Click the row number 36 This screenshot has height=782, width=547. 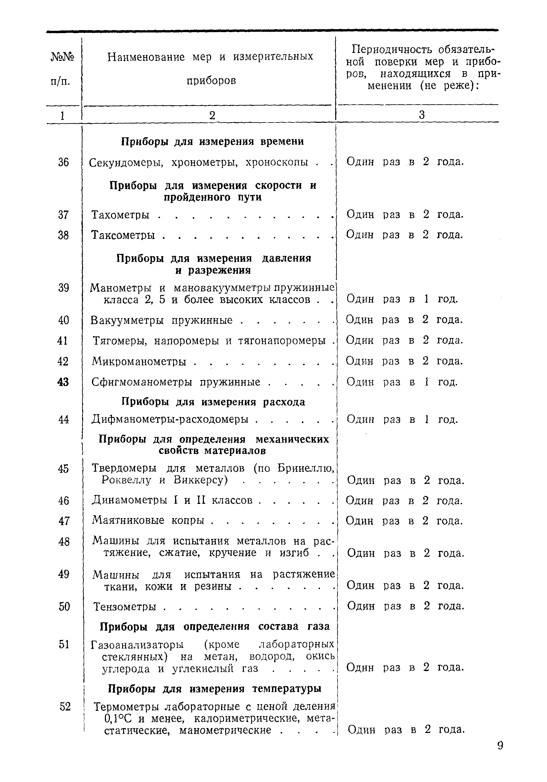(x=63, y=162)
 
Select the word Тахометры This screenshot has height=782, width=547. (x=120, y=215)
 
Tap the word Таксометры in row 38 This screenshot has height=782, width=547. (x=123, y=235)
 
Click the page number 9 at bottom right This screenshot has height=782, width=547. (x=500, y=746)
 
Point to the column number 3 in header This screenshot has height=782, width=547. (x=422, y=115)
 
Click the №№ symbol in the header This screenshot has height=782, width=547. (x=63, y=57)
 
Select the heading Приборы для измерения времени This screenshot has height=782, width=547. (x=212, y=141)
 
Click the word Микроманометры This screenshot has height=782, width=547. (x=139, y=361)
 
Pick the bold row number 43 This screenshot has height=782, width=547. (x=63, y=382)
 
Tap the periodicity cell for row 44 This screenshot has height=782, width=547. (x=402, y=419)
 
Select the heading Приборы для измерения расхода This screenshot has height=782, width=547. (x=213, y=402)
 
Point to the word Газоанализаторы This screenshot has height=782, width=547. (x=138, y=645)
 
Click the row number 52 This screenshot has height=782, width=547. (x=65, y=707)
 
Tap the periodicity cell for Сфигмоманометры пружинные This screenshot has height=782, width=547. (x=402, y=382)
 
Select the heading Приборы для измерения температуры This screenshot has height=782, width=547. (x=214, y=689)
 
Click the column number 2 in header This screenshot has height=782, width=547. (x=212, y=116)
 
